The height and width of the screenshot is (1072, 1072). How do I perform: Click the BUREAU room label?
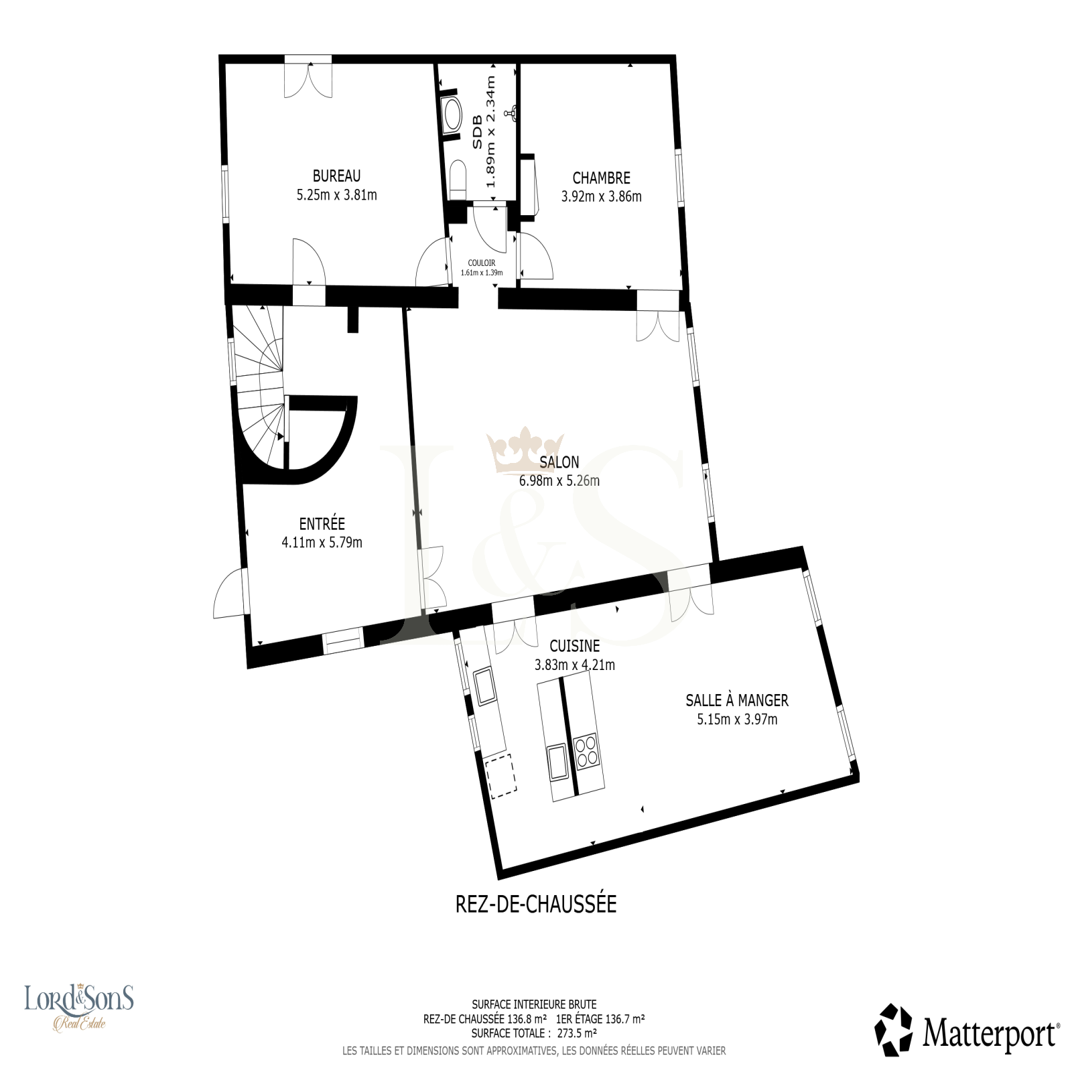click(x=336, y=176)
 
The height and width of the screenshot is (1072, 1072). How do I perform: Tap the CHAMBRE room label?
click(x=601, y=178)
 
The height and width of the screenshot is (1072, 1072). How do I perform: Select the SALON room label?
click(x=559, y=462)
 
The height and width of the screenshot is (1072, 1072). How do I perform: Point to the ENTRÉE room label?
click(x=322, y=523)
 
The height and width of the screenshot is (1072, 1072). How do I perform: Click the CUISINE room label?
click(x=574, y=647)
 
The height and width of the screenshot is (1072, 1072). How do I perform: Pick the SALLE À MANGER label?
click(x=737, y=700)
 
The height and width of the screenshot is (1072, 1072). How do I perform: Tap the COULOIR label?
click(x=482, y=263)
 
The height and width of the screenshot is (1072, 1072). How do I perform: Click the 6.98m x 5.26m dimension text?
click(x=559, y=481)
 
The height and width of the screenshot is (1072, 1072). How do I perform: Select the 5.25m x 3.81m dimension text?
click(x=336, y=196)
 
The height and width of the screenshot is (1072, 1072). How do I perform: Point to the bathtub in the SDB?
click(x=453, y=116)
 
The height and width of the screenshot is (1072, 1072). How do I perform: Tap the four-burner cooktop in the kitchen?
click(x=587, y=751)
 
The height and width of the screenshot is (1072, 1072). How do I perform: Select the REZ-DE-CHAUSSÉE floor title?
click(x=536, y=904)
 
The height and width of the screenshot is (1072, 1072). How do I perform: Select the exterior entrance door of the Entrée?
click(x=229, y=593)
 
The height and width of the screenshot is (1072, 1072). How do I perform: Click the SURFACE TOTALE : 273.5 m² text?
click(x=534, y=1033)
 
